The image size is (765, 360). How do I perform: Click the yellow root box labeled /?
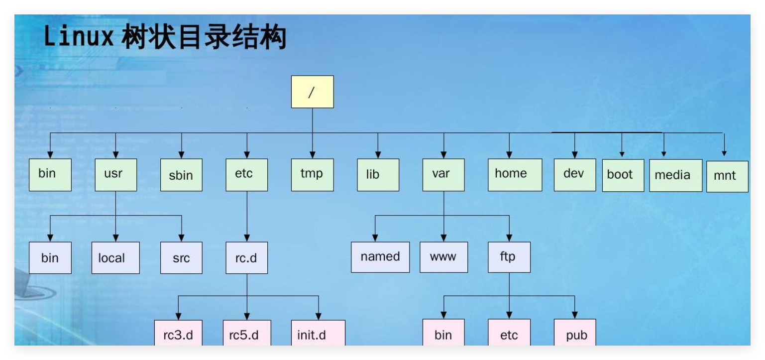312,92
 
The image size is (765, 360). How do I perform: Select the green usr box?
115,175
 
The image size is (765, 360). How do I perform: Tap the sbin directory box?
181,175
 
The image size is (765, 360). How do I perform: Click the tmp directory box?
312,175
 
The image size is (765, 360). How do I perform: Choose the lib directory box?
378,175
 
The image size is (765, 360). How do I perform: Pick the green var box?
443,175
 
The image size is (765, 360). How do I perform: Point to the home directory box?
515,175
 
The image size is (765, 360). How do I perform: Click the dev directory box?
575,175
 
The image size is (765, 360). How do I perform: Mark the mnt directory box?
727,176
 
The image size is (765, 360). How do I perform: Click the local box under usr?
115,258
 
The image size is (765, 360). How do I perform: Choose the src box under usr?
181,258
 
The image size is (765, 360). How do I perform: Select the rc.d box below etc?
246,258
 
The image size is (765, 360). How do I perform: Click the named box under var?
380,257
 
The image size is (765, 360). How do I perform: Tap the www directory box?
443,257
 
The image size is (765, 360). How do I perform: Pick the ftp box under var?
509,257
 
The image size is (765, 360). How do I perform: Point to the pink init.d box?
318,334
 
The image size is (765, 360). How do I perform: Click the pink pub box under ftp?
575,334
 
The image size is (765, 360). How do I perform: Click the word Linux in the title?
79,37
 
